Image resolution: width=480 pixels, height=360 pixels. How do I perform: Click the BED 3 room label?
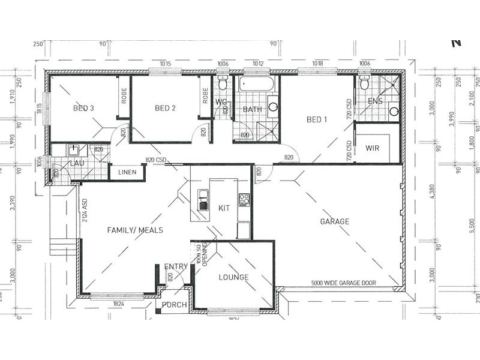click(x=83, y=109)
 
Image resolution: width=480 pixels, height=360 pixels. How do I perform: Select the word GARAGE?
click(x=334, y=221)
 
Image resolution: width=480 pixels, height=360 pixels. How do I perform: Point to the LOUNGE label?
click(x=233, y=277)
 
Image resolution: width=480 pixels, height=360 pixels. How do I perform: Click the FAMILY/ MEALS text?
click(x=134, y=230)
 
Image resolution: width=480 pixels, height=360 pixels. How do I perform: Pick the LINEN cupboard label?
click(x=127, y=173)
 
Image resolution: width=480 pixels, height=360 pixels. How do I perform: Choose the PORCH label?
click(x=175, y=305)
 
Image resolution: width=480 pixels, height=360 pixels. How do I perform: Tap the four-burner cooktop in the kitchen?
click(x=244, y=199)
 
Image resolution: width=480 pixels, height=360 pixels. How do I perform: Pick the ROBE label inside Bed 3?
click(x=124, y=95)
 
